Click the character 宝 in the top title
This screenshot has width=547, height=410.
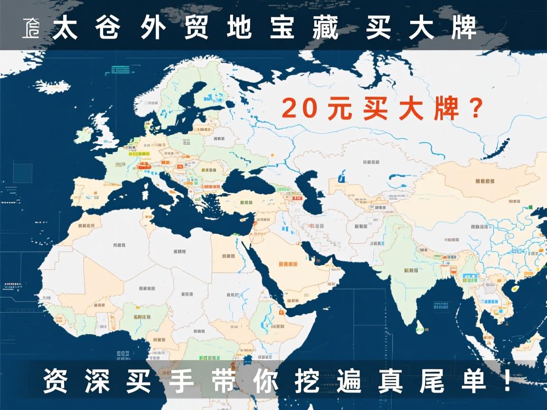(x=282, y=29)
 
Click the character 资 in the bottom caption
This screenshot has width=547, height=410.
(x=56, y=381)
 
